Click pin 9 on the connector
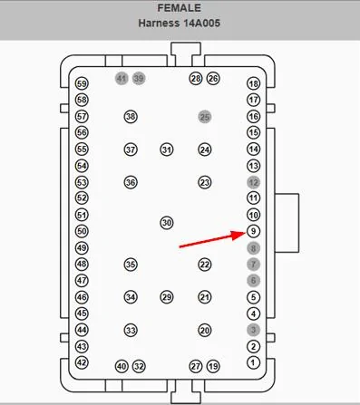point(253,231)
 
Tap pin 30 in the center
point(166,222)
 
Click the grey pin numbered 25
point(205,117)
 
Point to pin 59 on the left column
point(82,83)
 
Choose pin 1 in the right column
point(253,362)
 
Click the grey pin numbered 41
point(122,79)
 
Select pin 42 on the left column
point(82,362)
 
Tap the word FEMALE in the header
point(180,8)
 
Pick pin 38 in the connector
point(131,117)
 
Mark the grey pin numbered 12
point(253,182)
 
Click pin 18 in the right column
point(253,83)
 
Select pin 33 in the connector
point(131,331)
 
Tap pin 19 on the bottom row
point(213,366)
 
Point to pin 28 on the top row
point(195,79)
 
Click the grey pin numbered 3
point(253,330)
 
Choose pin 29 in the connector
point(166,297)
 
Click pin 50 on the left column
point(82,231)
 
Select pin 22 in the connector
point(205,265)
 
